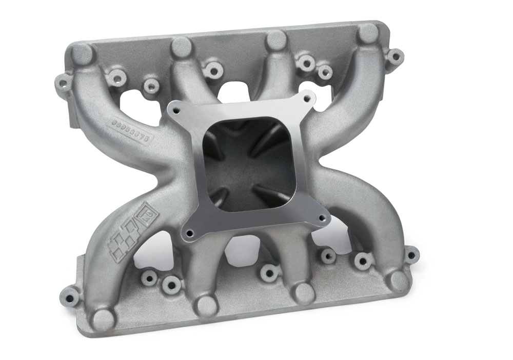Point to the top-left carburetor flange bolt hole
point(177,109)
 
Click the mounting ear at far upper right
point(395,56)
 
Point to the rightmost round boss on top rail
point(368,33)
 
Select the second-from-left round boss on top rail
point(182,47)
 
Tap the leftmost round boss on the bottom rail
point(103,319)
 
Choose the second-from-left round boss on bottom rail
point(206,306)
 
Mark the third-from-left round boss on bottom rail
point(304,294)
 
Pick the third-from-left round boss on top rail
point(277,40)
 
